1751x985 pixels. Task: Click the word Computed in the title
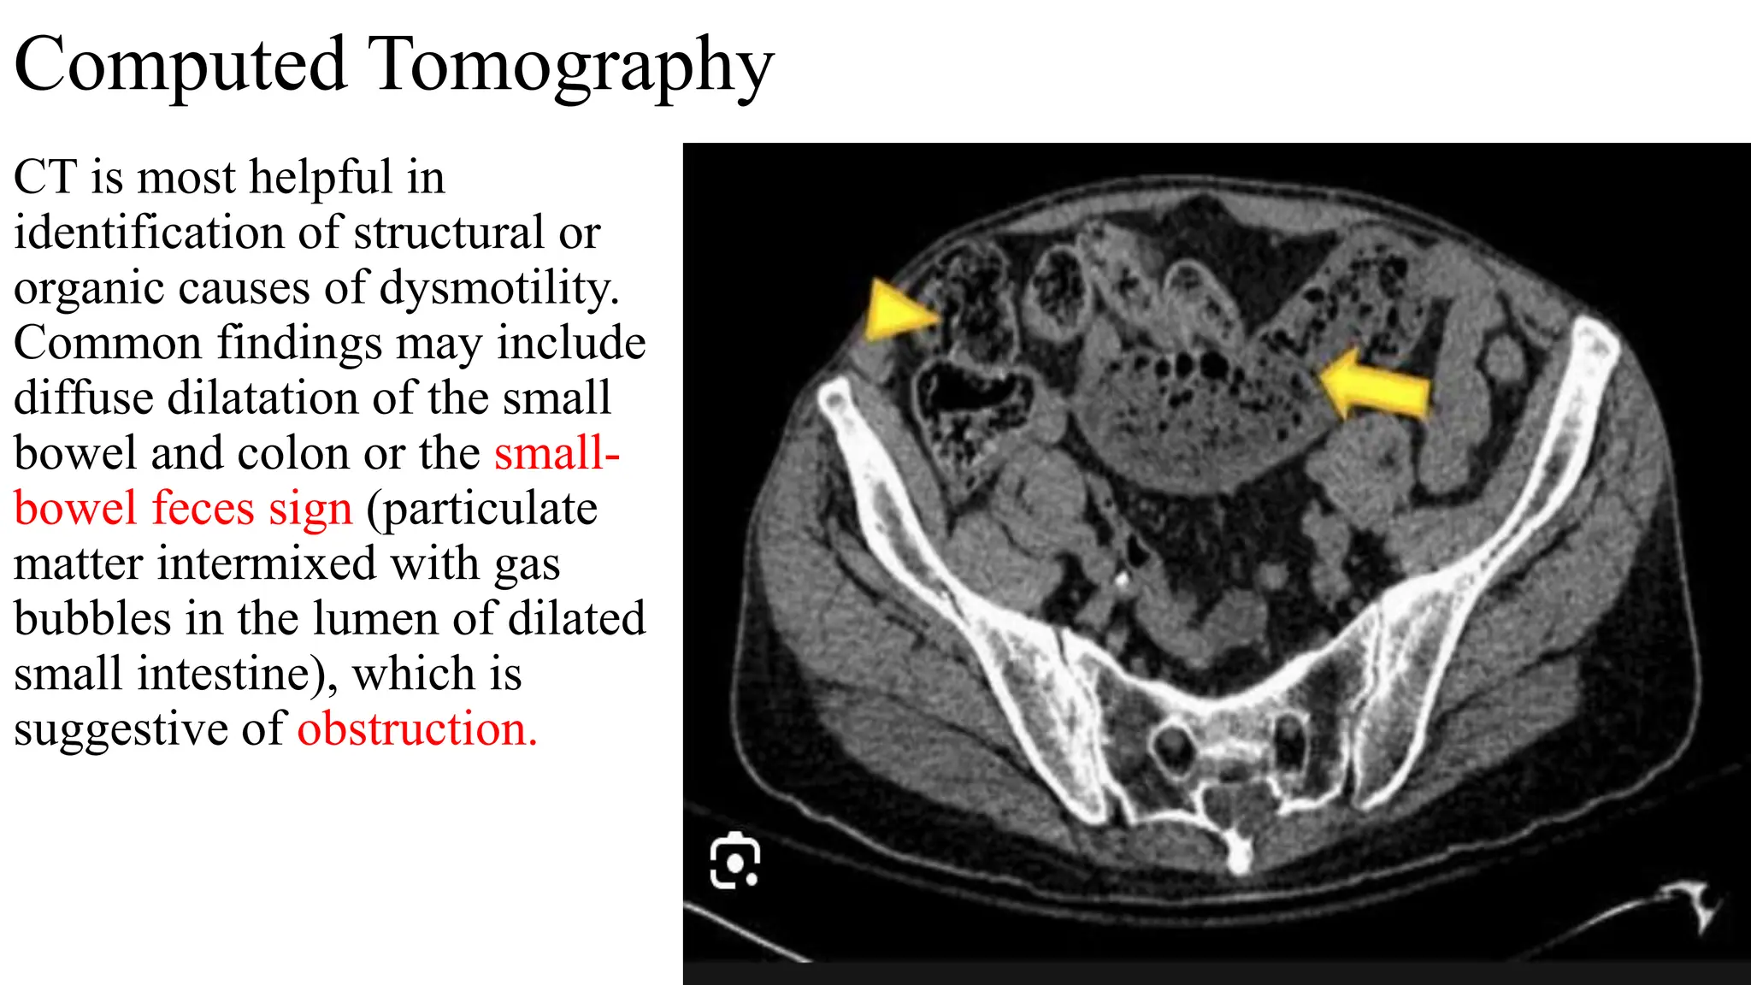[180, 65]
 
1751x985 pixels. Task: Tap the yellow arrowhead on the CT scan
[898, 313]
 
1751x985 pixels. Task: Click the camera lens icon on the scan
[734, 861]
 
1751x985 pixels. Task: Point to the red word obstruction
[417, 729]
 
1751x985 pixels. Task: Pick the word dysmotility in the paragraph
[499, 287]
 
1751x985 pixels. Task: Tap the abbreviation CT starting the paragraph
[44, 178]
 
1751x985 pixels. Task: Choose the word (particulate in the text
[481, 510]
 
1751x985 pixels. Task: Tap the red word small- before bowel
[557, 453]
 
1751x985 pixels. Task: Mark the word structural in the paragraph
[448, 233]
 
